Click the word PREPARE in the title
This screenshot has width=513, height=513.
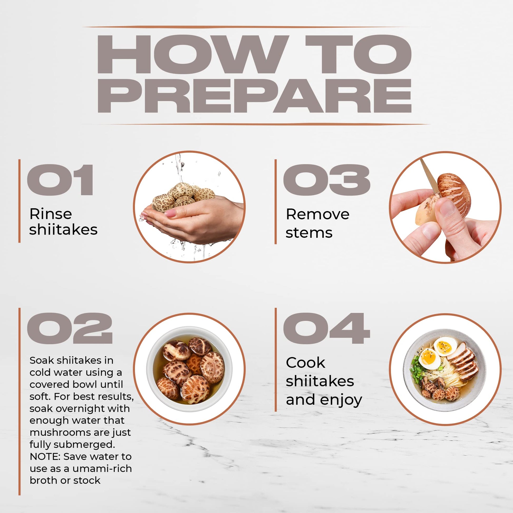coord(254,96)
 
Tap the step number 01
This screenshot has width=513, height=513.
coord(60,180)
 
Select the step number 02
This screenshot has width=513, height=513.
coord(70,328)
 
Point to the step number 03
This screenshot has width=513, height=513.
coord(327,180)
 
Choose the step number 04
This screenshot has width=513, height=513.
coord(327,328)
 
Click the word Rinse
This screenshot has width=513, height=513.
coord(51,214)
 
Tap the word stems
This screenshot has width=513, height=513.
coord(309,233)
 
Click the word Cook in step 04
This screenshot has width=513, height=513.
coord(306,362)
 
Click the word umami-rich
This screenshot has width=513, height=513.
coord(102,468)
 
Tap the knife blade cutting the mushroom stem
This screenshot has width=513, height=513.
coord(430,176)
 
